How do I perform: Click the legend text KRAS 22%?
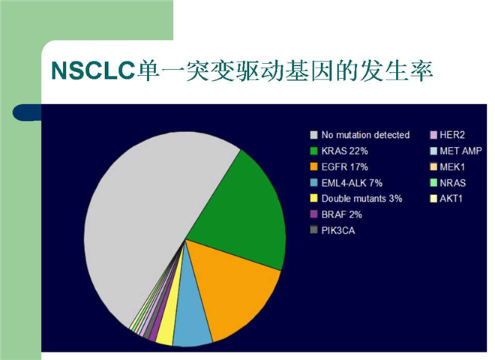(345, 151)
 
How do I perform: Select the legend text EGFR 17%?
(345, 166)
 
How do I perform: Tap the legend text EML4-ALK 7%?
(352, 183)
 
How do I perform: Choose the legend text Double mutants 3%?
(361, 199)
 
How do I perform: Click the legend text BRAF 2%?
(341, 214)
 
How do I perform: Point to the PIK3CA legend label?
(338, 230)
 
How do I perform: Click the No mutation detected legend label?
(365, 135)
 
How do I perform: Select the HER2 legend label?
(452, 135)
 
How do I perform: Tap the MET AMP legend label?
(461, 151)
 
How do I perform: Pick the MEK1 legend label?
(452, 166)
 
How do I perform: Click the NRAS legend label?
(453, 183)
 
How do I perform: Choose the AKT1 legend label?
(451, 199)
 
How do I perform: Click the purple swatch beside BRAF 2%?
(313, 214)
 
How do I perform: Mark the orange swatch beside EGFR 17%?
(313, 166)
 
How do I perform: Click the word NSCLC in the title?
(94, 70)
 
